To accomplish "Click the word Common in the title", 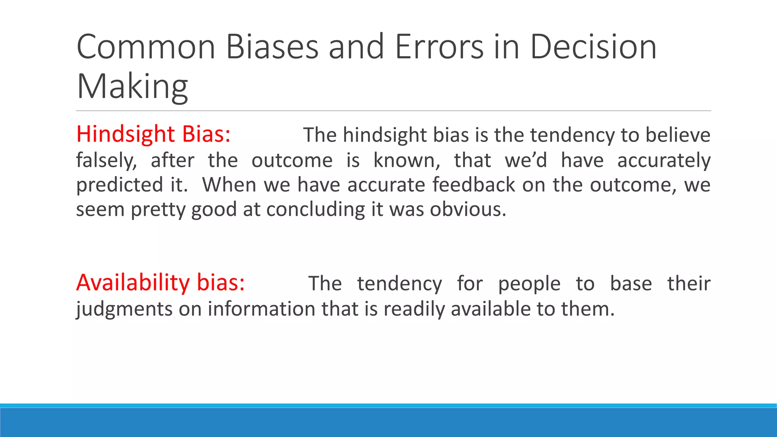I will click(x=146, y=47).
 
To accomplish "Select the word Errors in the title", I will click(x=439, y=47).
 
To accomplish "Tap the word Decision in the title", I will click(x=593, y=47).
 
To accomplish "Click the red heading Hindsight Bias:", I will click(x=153, y=134).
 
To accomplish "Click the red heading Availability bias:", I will click(x=160, y=283).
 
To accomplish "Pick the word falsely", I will click(x=106, y=160).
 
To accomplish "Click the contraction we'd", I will click(x=525, y=160).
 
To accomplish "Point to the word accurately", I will click(x=664, y=160).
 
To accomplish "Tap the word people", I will click(x=529, y=284).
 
